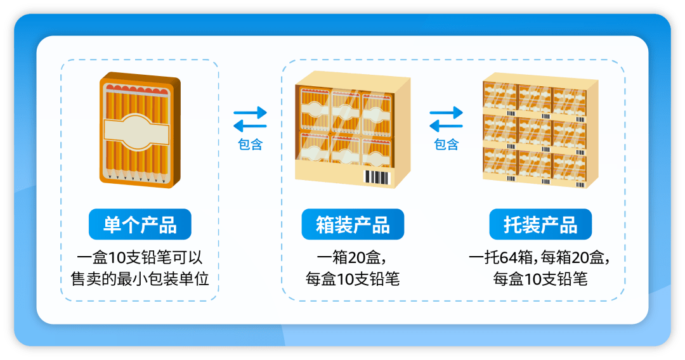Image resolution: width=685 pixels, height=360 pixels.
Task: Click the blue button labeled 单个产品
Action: pos(140,224)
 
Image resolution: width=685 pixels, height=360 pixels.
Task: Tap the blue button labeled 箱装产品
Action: pos(353,224)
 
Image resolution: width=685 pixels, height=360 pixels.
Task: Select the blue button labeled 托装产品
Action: pos(540,224)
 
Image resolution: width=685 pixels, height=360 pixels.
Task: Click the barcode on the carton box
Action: pos(377,178)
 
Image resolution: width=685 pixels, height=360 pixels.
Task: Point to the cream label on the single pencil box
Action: pos(136,132)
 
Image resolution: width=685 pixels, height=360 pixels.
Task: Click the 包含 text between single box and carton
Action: pos(250,145)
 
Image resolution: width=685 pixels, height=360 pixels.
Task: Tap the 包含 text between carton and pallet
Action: pos(446,145)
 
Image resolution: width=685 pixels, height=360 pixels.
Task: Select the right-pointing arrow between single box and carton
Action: pos(251,113)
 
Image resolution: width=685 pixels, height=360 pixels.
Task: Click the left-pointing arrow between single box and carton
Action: pos(251,126)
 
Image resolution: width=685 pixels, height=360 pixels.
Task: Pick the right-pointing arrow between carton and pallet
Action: pos(446,113)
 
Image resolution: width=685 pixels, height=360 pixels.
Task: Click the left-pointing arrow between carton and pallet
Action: pos(446,126)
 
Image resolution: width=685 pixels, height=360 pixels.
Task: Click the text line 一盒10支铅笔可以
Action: pos(140,257)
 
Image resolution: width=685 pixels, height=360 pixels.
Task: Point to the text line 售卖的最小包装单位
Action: pos(140,278)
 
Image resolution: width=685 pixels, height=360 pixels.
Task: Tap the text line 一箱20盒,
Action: pos(352,257)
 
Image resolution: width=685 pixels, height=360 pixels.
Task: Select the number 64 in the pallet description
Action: pos(509,257)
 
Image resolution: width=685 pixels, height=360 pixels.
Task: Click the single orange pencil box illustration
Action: pos(140,130)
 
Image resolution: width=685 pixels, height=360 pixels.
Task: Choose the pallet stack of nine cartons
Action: pos(540,131)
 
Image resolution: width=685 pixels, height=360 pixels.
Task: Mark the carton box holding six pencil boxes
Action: pos(353,129)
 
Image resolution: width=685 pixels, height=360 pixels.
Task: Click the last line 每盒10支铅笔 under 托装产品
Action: pos(540,278)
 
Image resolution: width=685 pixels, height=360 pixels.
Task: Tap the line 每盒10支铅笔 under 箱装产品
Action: pos(353,278)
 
